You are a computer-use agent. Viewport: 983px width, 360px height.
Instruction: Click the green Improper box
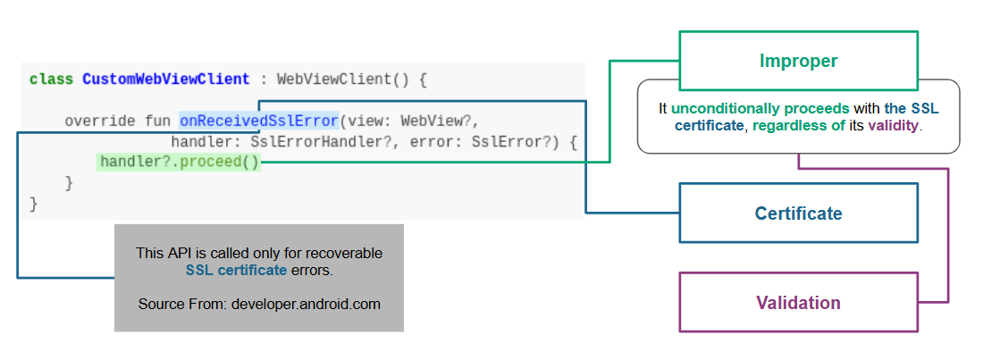(x=798, y=61)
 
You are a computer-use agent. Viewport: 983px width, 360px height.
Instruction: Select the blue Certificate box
(x=798, y=213)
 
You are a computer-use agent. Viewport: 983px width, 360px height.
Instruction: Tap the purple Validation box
(x=798, y=303)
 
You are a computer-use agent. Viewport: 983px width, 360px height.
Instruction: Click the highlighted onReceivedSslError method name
(x=259, y=121)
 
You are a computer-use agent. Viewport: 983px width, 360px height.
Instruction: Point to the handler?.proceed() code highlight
(x=179, y=163)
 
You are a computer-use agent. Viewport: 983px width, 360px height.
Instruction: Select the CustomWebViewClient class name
(x=166, y=79)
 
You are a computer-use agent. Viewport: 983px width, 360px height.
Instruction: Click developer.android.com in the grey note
(x=306, y=304)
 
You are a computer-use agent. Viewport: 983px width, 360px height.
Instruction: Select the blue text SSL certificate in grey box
(x=236, y=270)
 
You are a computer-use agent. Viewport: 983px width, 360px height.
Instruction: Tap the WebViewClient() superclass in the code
(x=343, y=79)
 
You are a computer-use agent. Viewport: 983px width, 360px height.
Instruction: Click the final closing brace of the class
(x=34, y=205)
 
